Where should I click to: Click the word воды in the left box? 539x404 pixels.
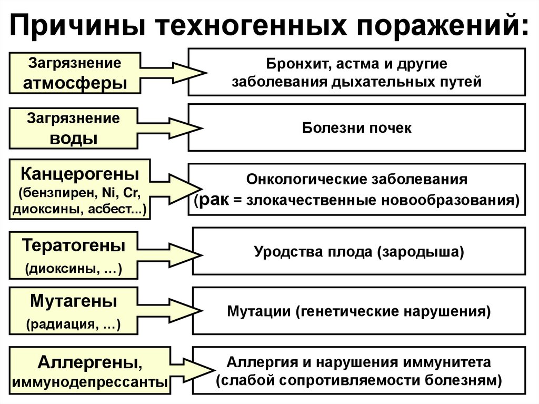(x=74, y=139)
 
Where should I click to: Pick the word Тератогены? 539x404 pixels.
(x=74, y=245)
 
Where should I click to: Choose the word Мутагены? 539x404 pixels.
(x=74, y=302)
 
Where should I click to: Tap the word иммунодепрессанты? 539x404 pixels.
(x=89, y=382)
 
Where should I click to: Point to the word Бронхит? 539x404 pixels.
(x=288, y=64)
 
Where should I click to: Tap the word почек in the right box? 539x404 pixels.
(x=390, y=127)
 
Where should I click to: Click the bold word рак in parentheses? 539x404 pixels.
(x=212, y=200)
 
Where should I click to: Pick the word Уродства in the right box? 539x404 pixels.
(x=280, y=251)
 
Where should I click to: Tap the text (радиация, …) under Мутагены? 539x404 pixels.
(x=74, y=325)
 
